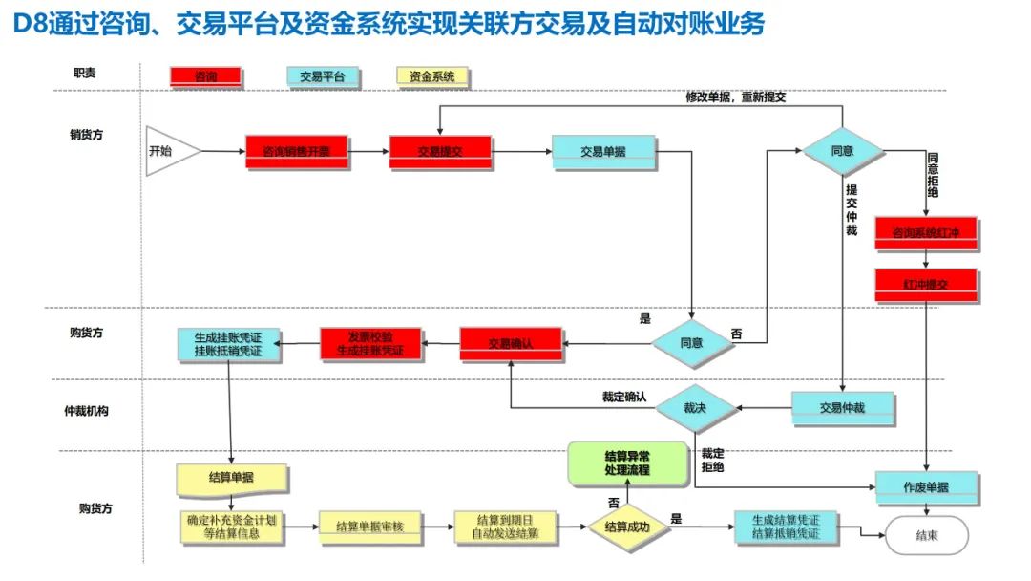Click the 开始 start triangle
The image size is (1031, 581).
(170, 151)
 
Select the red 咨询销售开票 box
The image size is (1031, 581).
(296, 151)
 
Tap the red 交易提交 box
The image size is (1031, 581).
(440, 151)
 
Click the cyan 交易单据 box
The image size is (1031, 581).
(603, 151)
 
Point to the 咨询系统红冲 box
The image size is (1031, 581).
(925, 232)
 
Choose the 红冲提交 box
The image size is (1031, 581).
(925, 284)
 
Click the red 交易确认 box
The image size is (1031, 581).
(511, 343)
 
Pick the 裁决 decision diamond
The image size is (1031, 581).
(695, 407)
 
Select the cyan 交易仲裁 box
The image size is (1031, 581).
(842, 408)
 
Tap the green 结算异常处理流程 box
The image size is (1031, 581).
(627, 463)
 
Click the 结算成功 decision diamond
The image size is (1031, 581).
(627, 525)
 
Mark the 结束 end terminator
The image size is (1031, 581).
(926, 535)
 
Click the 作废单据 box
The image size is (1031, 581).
(926, 487)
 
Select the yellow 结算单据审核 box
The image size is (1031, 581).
(370, 527)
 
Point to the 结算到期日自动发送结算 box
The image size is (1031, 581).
(504, 526)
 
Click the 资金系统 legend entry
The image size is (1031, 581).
(433, 76)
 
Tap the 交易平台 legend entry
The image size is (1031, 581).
(322, 76)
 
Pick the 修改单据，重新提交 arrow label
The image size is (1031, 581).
(736, 97)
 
